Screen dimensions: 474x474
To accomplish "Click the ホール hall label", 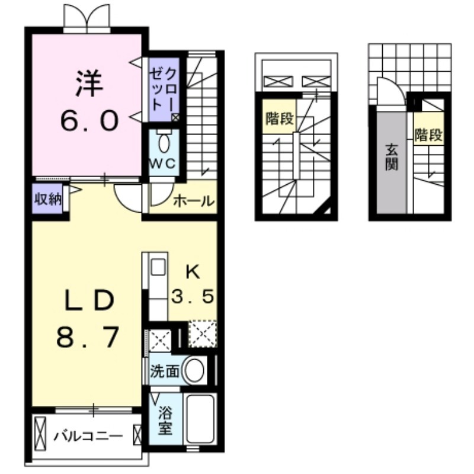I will pos(193,201).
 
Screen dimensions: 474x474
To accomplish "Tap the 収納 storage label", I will pos(47,199).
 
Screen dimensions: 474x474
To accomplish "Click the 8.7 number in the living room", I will pos(88,339).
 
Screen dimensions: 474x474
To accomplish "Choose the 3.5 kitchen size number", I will pos(193,296).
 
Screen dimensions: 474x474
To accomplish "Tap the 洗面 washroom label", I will pos(164,372).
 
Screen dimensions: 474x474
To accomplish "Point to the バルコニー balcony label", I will pos(89,437).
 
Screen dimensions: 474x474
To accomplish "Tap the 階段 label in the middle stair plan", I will pos(279,118).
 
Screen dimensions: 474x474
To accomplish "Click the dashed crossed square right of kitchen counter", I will pos(202,335).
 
